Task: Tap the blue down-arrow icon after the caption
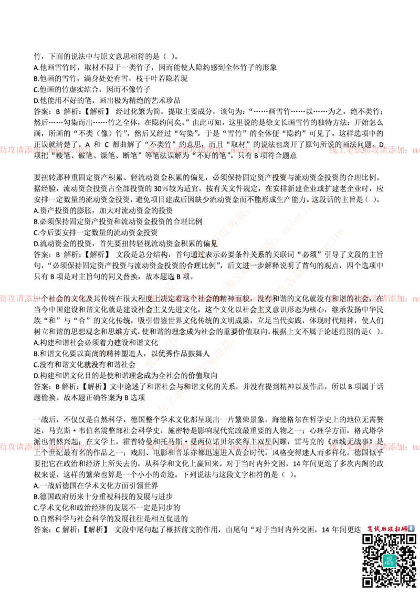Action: [x=412, y=528]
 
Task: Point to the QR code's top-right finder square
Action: [x=409, y=540]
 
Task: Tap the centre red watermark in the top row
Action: [x=210, y=150]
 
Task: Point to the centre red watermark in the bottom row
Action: [x=210, y=448]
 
